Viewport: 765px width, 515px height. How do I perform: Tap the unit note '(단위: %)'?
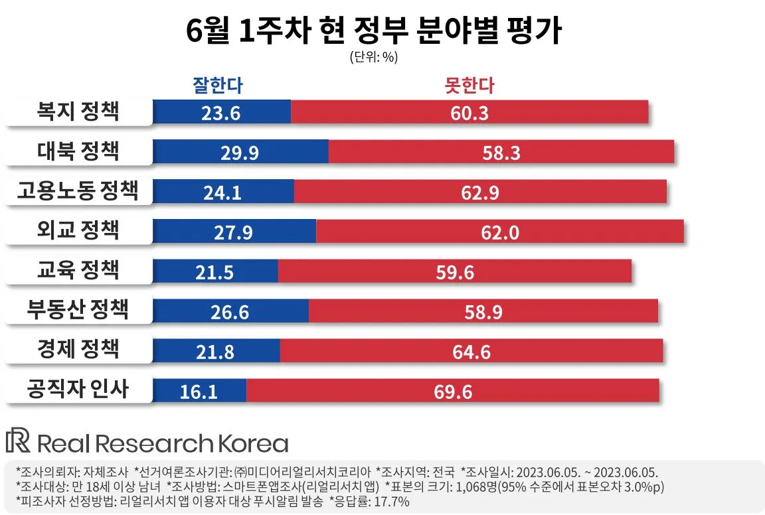pyautogui.click(x=373, y=57)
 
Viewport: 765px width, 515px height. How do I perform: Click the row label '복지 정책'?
pyautogui.click(x=78, y=111)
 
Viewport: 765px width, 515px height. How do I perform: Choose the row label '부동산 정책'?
pyautogui.click(x=78, y=310)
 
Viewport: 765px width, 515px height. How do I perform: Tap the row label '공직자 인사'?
pyautogui.click(x=78, y=390)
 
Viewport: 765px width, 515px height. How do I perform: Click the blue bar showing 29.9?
pyautogui.click(x=240, y=152)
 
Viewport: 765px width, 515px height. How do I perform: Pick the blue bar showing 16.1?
pyautogui.click(x=199, y=391)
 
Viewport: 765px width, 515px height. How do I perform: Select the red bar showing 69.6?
pyautogui.click(x=453, y=391)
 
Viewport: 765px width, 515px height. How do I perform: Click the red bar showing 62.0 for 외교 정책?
pyautogui.click(x=499, y=232)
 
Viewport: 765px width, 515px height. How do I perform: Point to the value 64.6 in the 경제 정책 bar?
pyautogui.click(x=471, y=352)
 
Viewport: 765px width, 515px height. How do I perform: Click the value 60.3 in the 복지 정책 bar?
pyautogui.click(x=469, y=113)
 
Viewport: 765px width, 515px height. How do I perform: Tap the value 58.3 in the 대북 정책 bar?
pyautogui.click(x=501, y=153)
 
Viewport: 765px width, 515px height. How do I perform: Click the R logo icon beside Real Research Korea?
pyautogui.click(x=18, y=442)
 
